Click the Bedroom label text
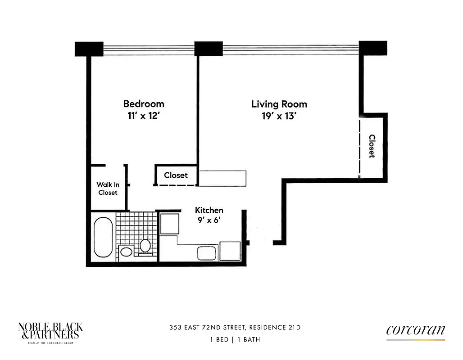[x=144, y=104]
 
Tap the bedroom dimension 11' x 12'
[x=144, y=116]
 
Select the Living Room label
[x=279, y=104]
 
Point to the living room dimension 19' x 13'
[x=279, y=116]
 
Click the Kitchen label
[x=209, y=210]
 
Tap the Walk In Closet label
[x=108, y=189]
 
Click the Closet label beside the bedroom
[x=176, y=175]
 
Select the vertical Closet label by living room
[x=372, y=146]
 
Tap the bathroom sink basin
[x=127, y=252]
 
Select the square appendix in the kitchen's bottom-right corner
[x=230, y=252]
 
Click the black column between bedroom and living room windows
[x=208, y=49]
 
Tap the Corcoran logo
[x=415, y=331]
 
